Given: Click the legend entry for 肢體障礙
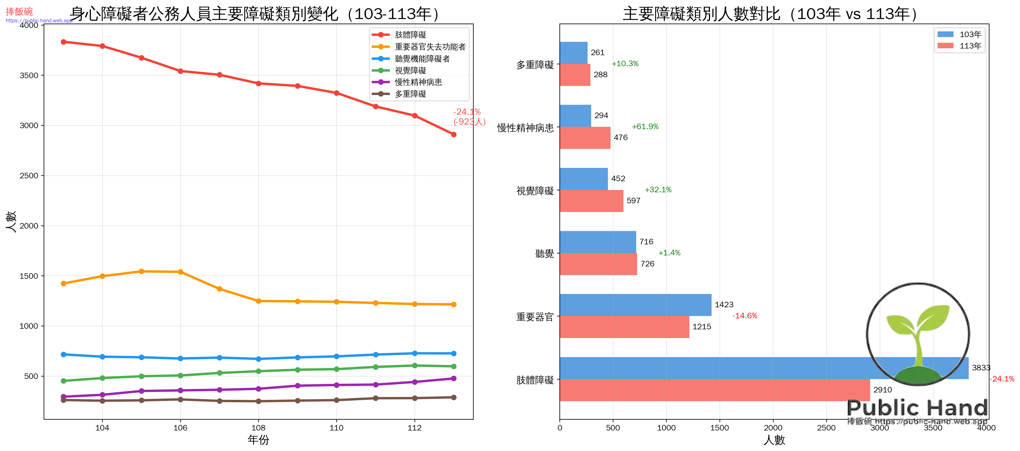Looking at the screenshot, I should (x=410, y=35).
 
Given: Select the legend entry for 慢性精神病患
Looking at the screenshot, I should (x=418, y=82).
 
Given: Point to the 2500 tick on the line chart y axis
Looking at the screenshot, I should (x=29, y=175).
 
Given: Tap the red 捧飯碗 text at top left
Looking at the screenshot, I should (x=19, y=11).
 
